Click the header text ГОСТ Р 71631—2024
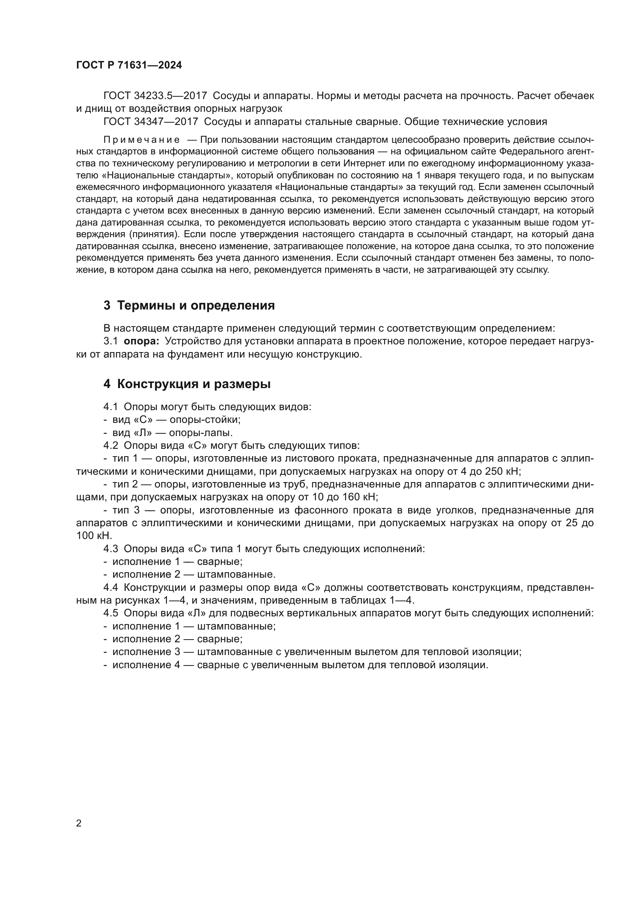click(129, 65)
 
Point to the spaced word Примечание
click(142, 140)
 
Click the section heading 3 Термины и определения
click(189, 306)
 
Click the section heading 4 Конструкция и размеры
click(187, 384)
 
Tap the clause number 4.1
click(110, 407)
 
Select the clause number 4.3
click(110, 549)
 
